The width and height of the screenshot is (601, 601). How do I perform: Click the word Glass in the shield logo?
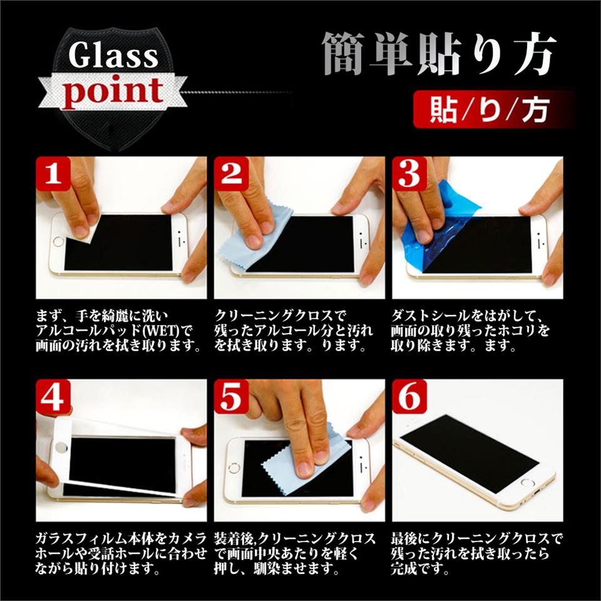coord(113,55)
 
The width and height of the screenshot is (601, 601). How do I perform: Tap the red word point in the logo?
coord(113,93)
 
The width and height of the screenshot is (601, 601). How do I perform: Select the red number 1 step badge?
coord(53,173)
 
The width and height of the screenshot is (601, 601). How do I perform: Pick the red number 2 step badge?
coord(231,173)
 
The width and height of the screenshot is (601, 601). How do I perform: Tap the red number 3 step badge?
coord(409,173)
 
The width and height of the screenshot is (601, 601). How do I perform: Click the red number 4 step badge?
coord(53,397)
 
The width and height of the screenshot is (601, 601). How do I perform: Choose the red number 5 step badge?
coord(231,397)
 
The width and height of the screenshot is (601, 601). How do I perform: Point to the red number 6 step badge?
coord(409,397)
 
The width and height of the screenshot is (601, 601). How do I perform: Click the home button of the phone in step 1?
coord(58,242)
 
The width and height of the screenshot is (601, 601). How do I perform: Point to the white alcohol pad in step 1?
coord(85,229)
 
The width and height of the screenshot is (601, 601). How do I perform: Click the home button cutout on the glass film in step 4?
coord(61,447)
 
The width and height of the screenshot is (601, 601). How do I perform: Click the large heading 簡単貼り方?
coord(439,54)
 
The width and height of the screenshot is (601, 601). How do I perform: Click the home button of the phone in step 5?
coord(233,468)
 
